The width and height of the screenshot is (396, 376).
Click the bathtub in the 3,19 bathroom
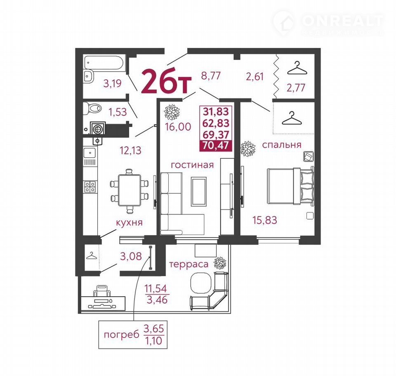tap(104, 62)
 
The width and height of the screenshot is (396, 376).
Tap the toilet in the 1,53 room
tap(92, 108)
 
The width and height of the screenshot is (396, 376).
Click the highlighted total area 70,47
tap(216, 145)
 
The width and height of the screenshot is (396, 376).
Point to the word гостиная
tap(192, 165)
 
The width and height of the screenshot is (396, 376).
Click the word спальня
tap(282, 145)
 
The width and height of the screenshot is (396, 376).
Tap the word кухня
tap(129, 223)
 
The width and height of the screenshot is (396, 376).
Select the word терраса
tap(189, 264)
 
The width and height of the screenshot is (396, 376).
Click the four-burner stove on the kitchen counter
tap(90, 187)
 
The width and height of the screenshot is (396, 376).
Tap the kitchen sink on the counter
tap(90, 153)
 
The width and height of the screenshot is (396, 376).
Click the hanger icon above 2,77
tap(297, 68)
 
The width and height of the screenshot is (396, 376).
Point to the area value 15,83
tap(265, 220)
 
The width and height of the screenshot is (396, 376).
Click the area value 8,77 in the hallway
tap(211, 76)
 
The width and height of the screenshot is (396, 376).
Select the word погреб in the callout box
tap(121, 335)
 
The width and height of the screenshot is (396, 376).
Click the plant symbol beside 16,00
tap(172, 112)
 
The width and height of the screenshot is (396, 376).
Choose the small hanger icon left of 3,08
tap(92, 256)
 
